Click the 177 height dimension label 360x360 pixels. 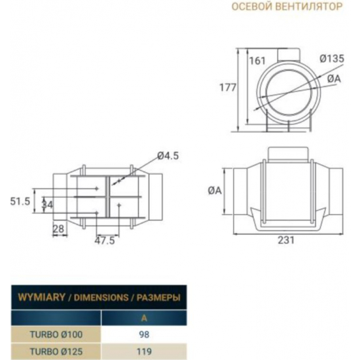tap(228, 88)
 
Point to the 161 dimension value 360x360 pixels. tap(257, 61)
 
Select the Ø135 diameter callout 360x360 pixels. tap(332, 59)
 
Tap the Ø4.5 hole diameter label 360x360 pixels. tap(168, 156)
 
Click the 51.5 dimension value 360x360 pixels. tap(20, 202)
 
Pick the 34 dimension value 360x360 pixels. tap(47, 204)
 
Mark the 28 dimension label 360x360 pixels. tap(58, 229)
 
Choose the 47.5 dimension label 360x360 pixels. tap(105, 241)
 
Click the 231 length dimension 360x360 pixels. tap(286, 240)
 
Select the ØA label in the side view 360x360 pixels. tap(215, 190)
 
